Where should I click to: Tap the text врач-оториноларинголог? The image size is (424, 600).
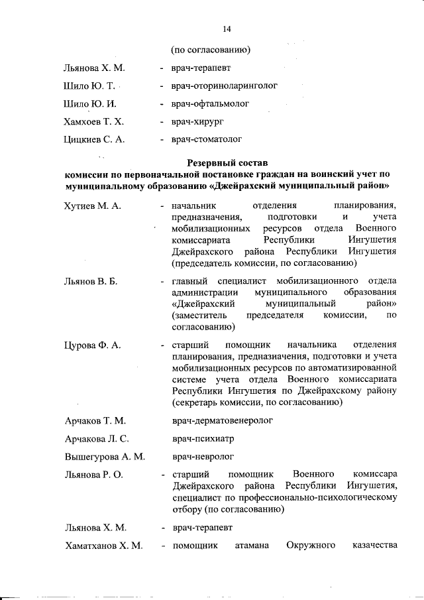(224, 86)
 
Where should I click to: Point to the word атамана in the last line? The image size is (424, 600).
(250, 546)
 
